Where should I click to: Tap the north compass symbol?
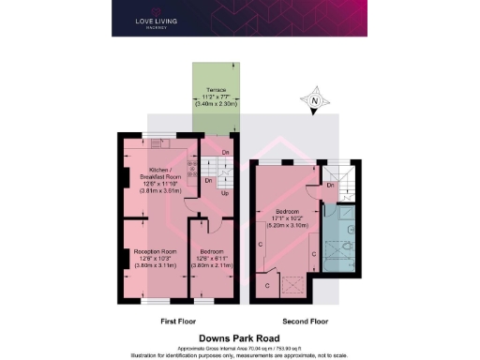click(315, 100)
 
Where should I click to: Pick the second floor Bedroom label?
click(286, 211)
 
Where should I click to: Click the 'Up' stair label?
click(223, 193)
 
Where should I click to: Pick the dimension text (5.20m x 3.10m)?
click(286, 226)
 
